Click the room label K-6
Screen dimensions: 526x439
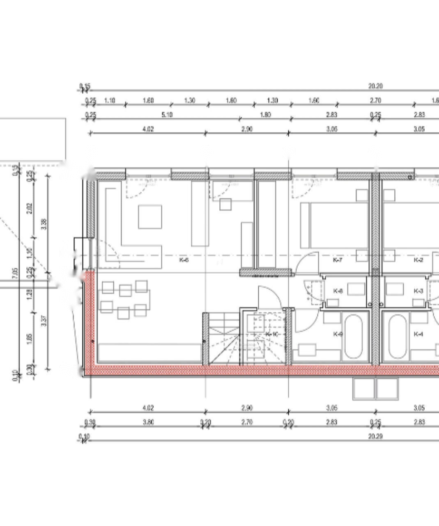[x=184, y=260]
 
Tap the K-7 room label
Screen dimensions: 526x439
[x=337, y=260]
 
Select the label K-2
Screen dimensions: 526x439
[x=418, y=260]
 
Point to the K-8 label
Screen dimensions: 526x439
[x=338, y=291]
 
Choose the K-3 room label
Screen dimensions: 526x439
[x=418, y=291]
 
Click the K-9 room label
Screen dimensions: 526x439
[x=338, y=334]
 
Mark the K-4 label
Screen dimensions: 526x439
[x=418, y=334]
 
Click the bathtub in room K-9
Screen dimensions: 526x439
[x=356, y=336]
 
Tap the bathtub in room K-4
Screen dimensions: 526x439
[x=398, y=336]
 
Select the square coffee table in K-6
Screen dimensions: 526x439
[x=149, y=217]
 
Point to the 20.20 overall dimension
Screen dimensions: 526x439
[x=375, y=86]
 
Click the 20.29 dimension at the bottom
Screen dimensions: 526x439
[x=375, y=436]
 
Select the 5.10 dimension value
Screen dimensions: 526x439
[x=167, y=115]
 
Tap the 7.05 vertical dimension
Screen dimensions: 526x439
[x=16, y=273]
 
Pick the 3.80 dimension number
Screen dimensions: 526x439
[x=148, y=422]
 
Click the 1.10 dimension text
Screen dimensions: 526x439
[x=109, y=101]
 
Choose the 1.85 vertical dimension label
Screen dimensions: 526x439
[x=29, y=339]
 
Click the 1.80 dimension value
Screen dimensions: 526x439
[x=265, y=115]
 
